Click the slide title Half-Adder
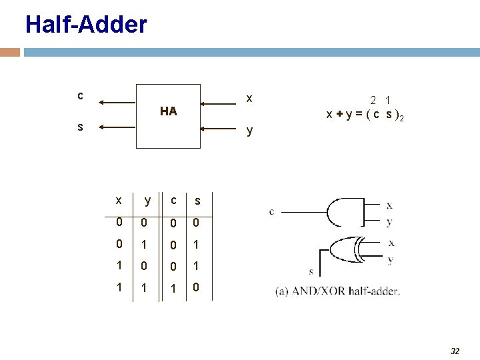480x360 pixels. [86, 25]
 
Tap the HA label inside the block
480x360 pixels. [169, 111]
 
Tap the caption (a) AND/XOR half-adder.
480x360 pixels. [337, 291]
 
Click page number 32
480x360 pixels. [455, 351]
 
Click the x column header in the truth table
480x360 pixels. [118, 200]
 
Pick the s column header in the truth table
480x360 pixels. [197, 201]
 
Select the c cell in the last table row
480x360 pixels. [173, 289]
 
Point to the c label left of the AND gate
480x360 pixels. [272, 212]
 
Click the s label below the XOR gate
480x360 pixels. [311, 271]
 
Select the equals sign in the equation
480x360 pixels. [358, 114]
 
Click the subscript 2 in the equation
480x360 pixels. [402, 118]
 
